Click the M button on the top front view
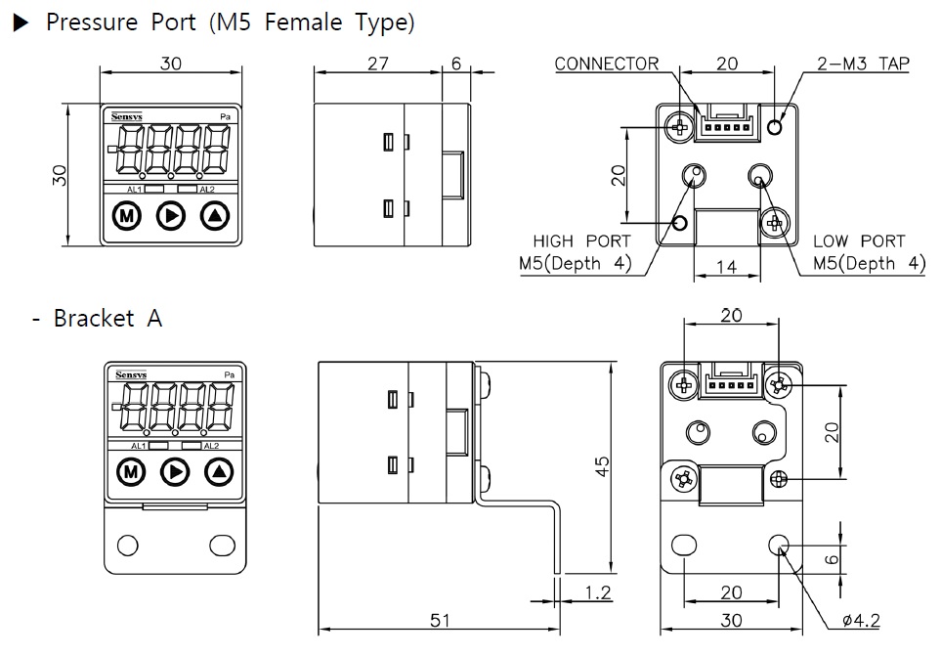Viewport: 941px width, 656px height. click(x=126, y=215)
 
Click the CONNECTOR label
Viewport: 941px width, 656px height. click(x=607, y=65)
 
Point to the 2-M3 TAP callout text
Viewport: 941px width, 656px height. click(x=863, y=65)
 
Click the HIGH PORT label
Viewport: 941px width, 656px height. click(x=581, y=241)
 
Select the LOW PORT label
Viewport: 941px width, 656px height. click(x=859, y=241)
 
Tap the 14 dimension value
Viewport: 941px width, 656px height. click(x=726, y=266)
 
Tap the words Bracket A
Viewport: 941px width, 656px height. click(x=107, y=319)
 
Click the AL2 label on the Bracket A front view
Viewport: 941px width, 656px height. click(x=210, y=446)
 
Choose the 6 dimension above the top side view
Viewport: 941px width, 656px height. click(x=456, y=64)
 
